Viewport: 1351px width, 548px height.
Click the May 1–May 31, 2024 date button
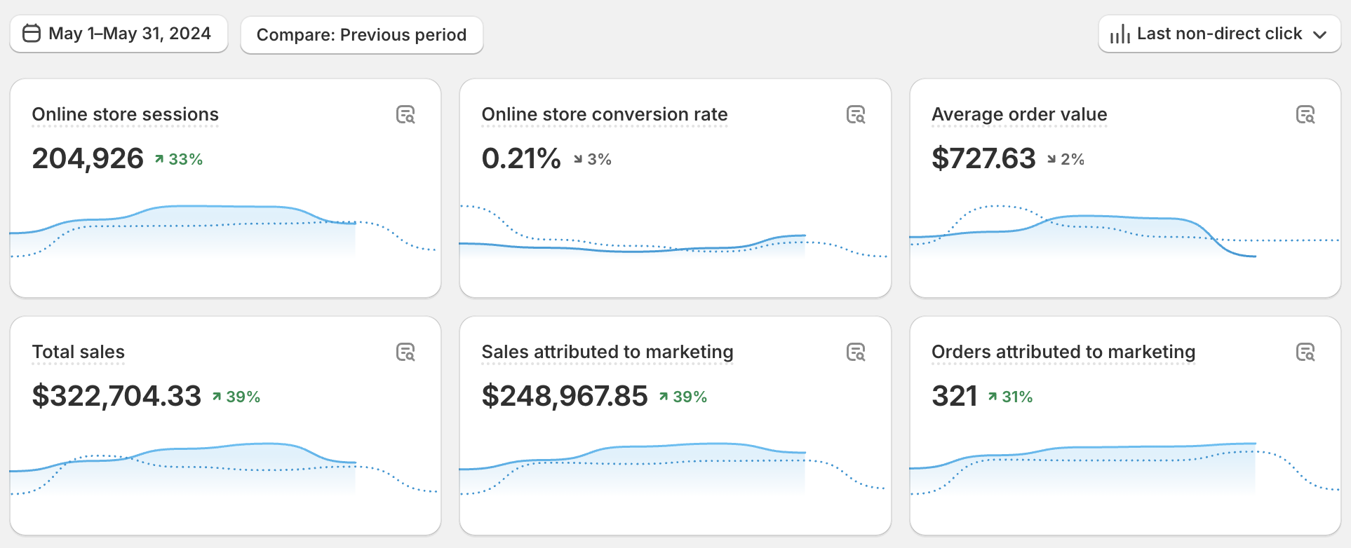pos(119,34)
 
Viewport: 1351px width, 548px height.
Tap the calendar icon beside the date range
pos(32,34)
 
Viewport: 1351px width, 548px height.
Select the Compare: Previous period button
pos(361,35)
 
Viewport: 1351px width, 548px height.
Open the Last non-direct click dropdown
pos(1219,34)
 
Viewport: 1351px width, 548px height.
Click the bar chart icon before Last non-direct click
pos(1120,34)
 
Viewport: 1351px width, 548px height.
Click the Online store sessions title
pos(126,114)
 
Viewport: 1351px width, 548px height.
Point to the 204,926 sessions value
pos(88,159)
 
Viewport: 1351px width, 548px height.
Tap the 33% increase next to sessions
pos(179,160)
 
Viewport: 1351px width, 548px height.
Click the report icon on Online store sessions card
pos(405,114)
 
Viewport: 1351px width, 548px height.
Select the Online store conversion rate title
pos(604,114)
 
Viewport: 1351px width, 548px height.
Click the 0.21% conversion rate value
pos(521,159)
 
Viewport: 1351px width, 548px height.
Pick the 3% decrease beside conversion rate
pos(593,160)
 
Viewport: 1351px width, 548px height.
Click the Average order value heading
pos(1019,114)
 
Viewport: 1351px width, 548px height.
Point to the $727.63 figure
pos(983,159)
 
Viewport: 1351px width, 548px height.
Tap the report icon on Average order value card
pos(1305,114)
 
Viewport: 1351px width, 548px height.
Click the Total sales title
pos(79,352)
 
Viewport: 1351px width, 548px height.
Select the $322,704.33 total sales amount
pos(116,397)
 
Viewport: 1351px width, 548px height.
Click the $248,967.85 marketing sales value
pos(565,397)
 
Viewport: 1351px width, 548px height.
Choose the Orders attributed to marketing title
pos(1063,352)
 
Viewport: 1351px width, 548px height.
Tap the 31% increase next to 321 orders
pos(1011,397)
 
